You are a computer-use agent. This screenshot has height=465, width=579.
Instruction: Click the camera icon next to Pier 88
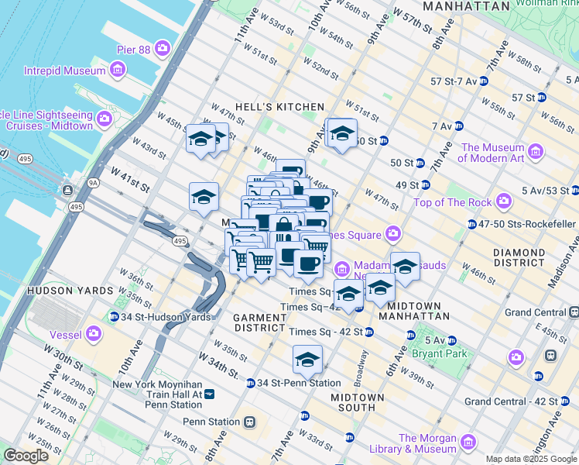pyautogui.click(x=163, y=49)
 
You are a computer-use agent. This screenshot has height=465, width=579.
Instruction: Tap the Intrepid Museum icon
pyautogui.click(x=118, y=71)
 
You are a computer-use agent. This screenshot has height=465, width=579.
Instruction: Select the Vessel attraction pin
pyautogui.click(x=94, y=334)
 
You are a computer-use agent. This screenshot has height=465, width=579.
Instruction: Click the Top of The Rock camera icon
pyautogui.click(x=504, y=202)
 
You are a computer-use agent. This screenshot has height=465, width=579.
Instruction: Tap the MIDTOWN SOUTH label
pyautogui.click(x=358, y=402)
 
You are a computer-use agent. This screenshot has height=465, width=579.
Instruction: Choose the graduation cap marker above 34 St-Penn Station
pyautogui.click(x=307, y=360)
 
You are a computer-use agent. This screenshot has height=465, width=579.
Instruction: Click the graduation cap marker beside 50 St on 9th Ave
pyautogui.click(x=341, y=133)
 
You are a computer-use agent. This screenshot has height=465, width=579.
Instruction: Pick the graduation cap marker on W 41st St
pyautogui.click(x=204, y=197)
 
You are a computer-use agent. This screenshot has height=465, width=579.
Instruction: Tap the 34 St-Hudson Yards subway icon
pyautogui.click(x=114, y=316)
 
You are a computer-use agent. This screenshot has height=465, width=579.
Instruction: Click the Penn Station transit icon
pyautogui.click(x=249, y=422)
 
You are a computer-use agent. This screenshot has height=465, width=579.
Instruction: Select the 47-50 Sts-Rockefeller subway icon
pyautogui.click(x=471, y=224)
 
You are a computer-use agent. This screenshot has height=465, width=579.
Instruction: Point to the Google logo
pyautogui.click(x=26, y=456)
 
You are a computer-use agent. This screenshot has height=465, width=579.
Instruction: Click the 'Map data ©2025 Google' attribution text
pyautogui.click(x=531, y=459)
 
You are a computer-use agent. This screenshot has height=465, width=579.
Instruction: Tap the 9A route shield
pyautogui.click(x=94, y=183)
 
